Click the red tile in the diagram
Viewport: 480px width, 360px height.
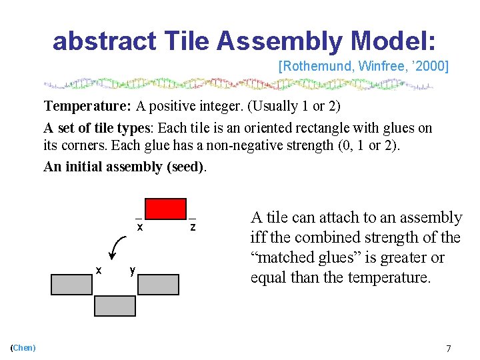[166, 209]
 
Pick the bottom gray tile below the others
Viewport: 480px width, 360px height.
[115, 306]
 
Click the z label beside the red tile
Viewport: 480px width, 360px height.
[193, 227]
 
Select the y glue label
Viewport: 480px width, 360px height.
[133, 270]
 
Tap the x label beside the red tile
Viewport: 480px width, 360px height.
[139, 227]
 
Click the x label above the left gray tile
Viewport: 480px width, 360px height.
[99, 270]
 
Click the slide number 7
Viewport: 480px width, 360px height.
[449, 348]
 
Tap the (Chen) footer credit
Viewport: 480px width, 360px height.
[23, 347]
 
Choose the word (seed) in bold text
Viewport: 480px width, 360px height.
[183, 167]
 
